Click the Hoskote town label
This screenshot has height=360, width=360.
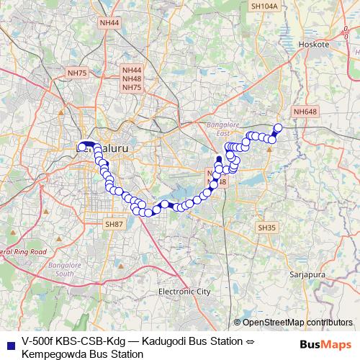(x=318, y=44)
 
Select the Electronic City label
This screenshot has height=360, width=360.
(x=184, y=292)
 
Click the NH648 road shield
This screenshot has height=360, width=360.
(x=305, y=112)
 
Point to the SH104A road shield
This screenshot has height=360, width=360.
(x=264, y=6)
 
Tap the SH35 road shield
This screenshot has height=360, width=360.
(x=266, y=228)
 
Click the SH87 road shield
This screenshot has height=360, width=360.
(x=115, y=225)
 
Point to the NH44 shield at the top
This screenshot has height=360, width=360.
(x=110, y=23)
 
